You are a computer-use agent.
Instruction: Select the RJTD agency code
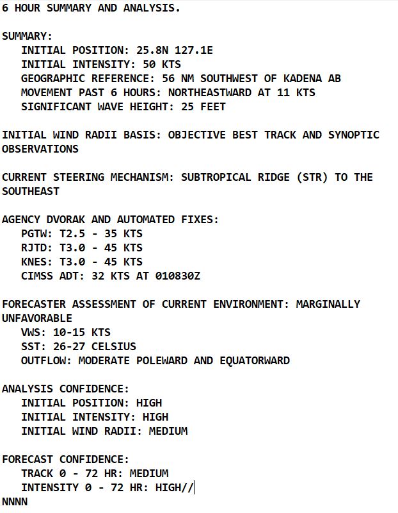click(x=34, y=248)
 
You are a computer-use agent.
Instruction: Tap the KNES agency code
click(x=34, y=262)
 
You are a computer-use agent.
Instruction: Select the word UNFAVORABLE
click(x=37, y=319)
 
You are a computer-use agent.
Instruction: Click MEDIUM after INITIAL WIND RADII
click(x=168, y=432)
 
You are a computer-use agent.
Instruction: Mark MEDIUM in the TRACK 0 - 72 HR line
click(x=149, y=474)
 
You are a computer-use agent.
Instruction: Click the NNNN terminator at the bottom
click(x=15, y=502)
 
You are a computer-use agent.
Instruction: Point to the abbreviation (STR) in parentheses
click(x=312, y=178)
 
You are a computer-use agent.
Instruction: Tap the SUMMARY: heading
click(x=28, y=37)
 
